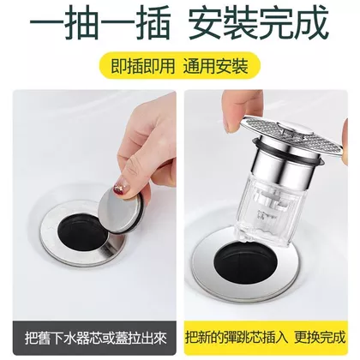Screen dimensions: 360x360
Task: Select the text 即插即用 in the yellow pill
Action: [x=142, y=67]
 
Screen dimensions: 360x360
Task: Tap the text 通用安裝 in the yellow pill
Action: [x=216, y=67]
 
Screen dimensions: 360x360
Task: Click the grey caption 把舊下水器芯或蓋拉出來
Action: [x=95, y=338]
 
